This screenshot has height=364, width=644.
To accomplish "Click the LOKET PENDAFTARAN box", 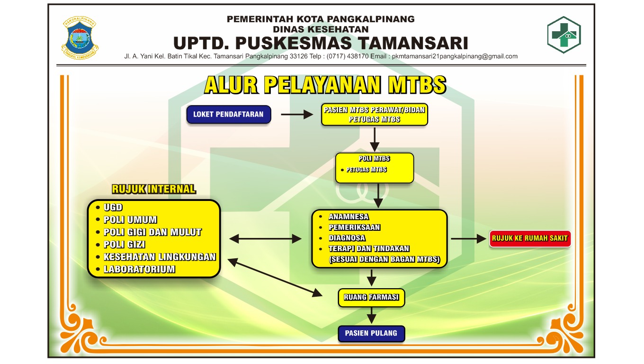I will tap(228, 115).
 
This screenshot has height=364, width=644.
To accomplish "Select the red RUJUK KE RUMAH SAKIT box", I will tap(529, 238).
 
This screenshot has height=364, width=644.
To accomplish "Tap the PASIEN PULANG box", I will tap(371, 333).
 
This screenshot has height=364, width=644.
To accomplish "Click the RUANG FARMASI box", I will tap(371, 298).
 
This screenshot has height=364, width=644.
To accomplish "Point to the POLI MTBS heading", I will tap(374, 159).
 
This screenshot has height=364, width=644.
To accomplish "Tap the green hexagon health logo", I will tap(564, 35).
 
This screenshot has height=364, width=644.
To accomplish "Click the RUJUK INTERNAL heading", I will tap(153, 189).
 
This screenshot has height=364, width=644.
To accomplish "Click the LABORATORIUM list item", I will tap(139, 269).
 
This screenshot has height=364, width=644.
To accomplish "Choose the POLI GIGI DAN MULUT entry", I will tap(152, 232).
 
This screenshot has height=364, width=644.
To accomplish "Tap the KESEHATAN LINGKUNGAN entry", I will tap(160, 257).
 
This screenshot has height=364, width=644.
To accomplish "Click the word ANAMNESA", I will tap(349, 217).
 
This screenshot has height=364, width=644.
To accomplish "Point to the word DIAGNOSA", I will tap(347, 238).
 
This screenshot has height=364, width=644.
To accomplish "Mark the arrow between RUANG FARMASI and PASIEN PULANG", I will tap(372, 315).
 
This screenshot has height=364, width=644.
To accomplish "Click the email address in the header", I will tap(454, 56).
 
